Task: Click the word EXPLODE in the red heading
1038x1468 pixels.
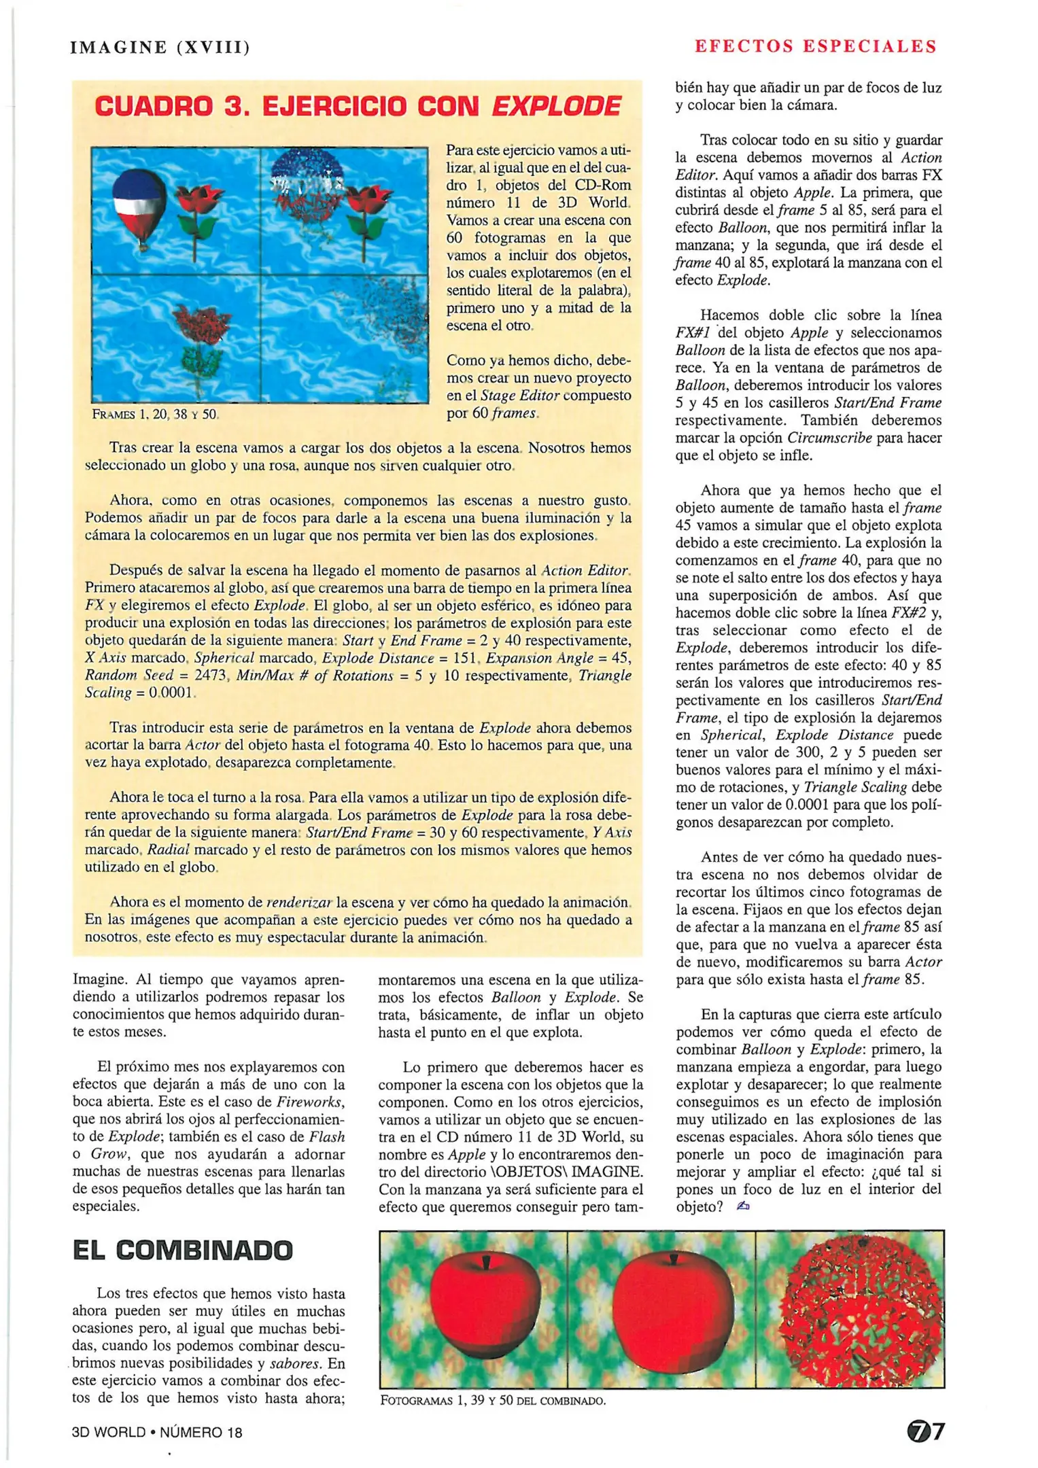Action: (x=555, y=106)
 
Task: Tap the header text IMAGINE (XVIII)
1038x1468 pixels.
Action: (x=160, y=48)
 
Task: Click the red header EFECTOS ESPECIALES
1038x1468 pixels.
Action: (x=815, y=46)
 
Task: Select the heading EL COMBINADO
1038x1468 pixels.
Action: (x=183, y=1250)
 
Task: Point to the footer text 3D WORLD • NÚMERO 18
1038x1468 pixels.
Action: (x=157, y=1432)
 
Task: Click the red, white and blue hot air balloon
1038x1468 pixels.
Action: (x=139, y=204)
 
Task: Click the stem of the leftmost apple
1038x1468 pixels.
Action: (x=485, y=1261)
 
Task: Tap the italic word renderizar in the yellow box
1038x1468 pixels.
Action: (x=298, y=903)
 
